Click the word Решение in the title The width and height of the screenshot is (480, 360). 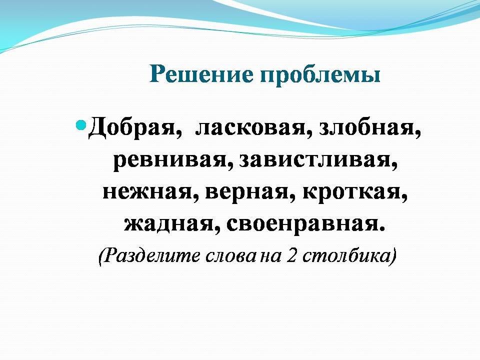[201, 74]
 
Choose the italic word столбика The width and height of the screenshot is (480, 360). [346, 256]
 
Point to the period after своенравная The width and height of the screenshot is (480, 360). [381, 229]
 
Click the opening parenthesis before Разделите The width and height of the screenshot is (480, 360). [100, 257]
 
